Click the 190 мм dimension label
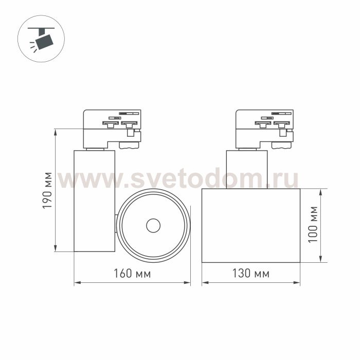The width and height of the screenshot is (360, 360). [x=47, y=190]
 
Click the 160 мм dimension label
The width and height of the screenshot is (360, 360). [x=133, y=274]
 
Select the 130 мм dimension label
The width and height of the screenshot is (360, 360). [x=251, y=273]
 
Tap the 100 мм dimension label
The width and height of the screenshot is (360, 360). [x=313, y=224]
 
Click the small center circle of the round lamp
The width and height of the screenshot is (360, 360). [x=153, y=225]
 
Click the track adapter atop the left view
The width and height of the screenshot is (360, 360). [x=112, y=129]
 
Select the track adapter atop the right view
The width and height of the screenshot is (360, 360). [x=264, y=129]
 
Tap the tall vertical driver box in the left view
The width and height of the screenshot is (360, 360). [x=94, y=201]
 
